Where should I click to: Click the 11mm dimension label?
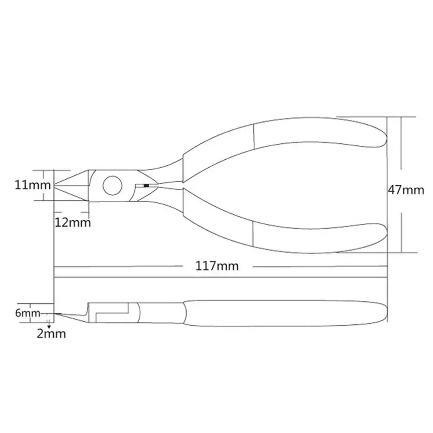32,185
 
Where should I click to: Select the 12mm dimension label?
73,223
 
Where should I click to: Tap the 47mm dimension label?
406,190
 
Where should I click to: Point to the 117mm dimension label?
217,266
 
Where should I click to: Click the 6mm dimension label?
28,313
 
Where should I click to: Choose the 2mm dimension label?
52,334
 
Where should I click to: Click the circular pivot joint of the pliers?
113,185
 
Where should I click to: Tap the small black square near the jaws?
146,186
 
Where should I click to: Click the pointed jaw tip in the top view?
54,185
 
